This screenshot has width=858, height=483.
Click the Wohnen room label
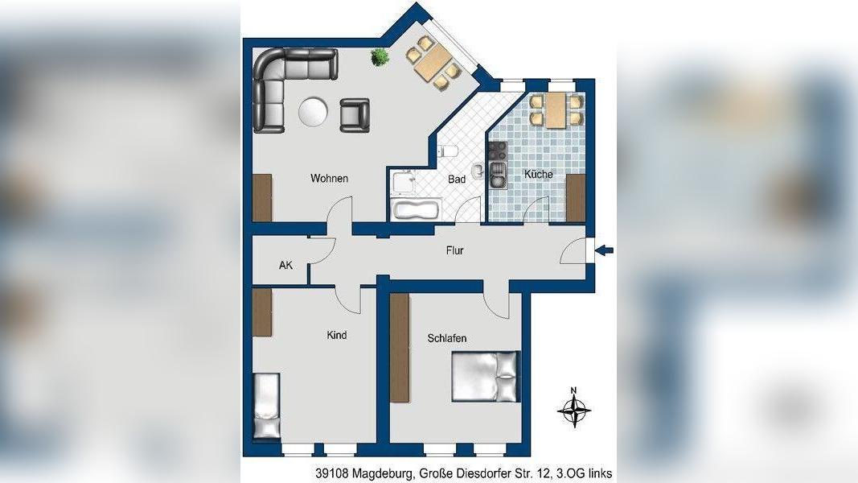[x=329, y=179]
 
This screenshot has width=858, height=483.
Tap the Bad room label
[x=457, y=179]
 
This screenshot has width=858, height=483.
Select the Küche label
[x=539, y=174]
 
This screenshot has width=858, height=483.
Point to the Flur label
[x=454, y=250]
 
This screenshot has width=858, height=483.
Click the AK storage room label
[x=285, y=265]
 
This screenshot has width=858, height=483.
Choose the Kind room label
[x=336, y=335]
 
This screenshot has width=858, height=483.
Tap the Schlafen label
[x=447, y=338]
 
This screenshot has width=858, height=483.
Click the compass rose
[x=574, y=407]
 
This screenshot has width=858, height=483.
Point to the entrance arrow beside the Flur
[x=604, y=251]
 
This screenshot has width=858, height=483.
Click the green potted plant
[x=379, y=57]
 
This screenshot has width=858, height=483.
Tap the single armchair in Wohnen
[x=355, y=115]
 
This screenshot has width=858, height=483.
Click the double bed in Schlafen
[x=485, y=377]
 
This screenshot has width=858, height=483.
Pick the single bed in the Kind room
[x=267, y=406]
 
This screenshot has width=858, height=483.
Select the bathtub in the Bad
[x=415, y=209]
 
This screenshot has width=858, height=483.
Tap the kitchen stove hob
[x=498, y=151]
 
